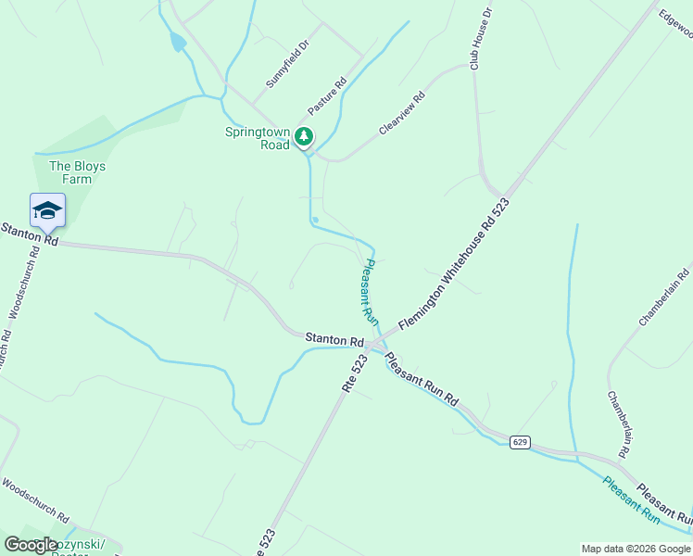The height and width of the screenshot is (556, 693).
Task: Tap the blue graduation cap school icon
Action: (47, 211)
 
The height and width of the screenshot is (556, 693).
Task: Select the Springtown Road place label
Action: (258, 138)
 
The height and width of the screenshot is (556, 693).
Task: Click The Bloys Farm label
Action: (77, 172)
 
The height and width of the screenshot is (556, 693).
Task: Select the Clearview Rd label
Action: (401, 113)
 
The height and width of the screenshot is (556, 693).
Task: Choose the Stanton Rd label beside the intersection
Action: (334, 340)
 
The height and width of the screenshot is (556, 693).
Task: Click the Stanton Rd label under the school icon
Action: (29, 234)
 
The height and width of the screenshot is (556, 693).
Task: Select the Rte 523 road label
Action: (355, 373)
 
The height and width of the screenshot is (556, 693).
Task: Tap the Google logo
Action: (31, 545)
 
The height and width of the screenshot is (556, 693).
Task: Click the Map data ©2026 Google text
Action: (635, 549)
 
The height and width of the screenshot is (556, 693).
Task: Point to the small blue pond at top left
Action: (177, 42)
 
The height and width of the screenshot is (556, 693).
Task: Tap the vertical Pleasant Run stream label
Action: (368, 290)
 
